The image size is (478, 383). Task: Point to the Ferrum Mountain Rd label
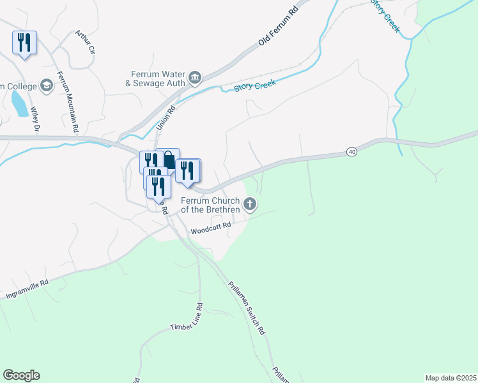click(66, 101)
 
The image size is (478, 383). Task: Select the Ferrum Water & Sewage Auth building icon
click(195, 79)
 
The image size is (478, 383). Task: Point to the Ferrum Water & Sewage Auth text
click(157, 79)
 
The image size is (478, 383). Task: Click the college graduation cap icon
click(46, 85)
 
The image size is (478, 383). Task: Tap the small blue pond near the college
click(19, 103)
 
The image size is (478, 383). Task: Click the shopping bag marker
click(168, 160)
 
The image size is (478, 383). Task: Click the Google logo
click(21, 375)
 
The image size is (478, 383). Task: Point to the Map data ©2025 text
click(451, 377)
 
